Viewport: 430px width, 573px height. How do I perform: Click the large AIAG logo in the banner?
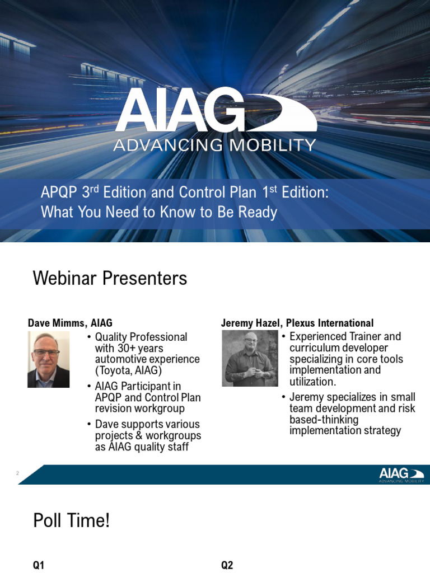(x=215, y=111)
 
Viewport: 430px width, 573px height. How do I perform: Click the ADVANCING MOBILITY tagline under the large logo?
(x=215, y=145)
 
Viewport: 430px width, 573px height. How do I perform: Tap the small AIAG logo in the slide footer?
(x=400, y=475)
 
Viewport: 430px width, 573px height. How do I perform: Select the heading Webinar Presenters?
(x=110, y=278)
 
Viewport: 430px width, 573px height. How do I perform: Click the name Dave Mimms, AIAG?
(x=70, y=323)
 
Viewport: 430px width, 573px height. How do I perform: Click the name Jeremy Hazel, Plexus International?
(x=297, y=323)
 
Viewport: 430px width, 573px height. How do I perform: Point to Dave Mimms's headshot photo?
(x=48, y=359)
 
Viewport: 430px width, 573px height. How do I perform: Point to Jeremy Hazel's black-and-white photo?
(x=249, y=358)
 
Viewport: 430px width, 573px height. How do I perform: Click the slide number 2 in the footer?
(x=18, y=474)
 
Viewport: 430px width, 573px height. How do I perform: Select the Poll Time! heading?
(x=72, y=521)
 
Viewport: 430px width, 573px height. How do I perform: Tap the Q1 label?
(x=39, y=565)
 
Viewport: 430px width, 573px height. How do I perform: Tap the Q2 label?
(x=227, y=565)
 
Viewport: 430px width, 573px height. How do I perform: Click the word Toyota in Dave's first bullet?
(x=114, y=370)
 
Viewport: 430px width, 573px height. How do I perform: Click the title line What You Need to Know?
(x=158, y=213)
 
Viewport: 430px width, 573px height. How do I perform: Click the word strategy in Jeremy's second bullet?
(x=379, y=430)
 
